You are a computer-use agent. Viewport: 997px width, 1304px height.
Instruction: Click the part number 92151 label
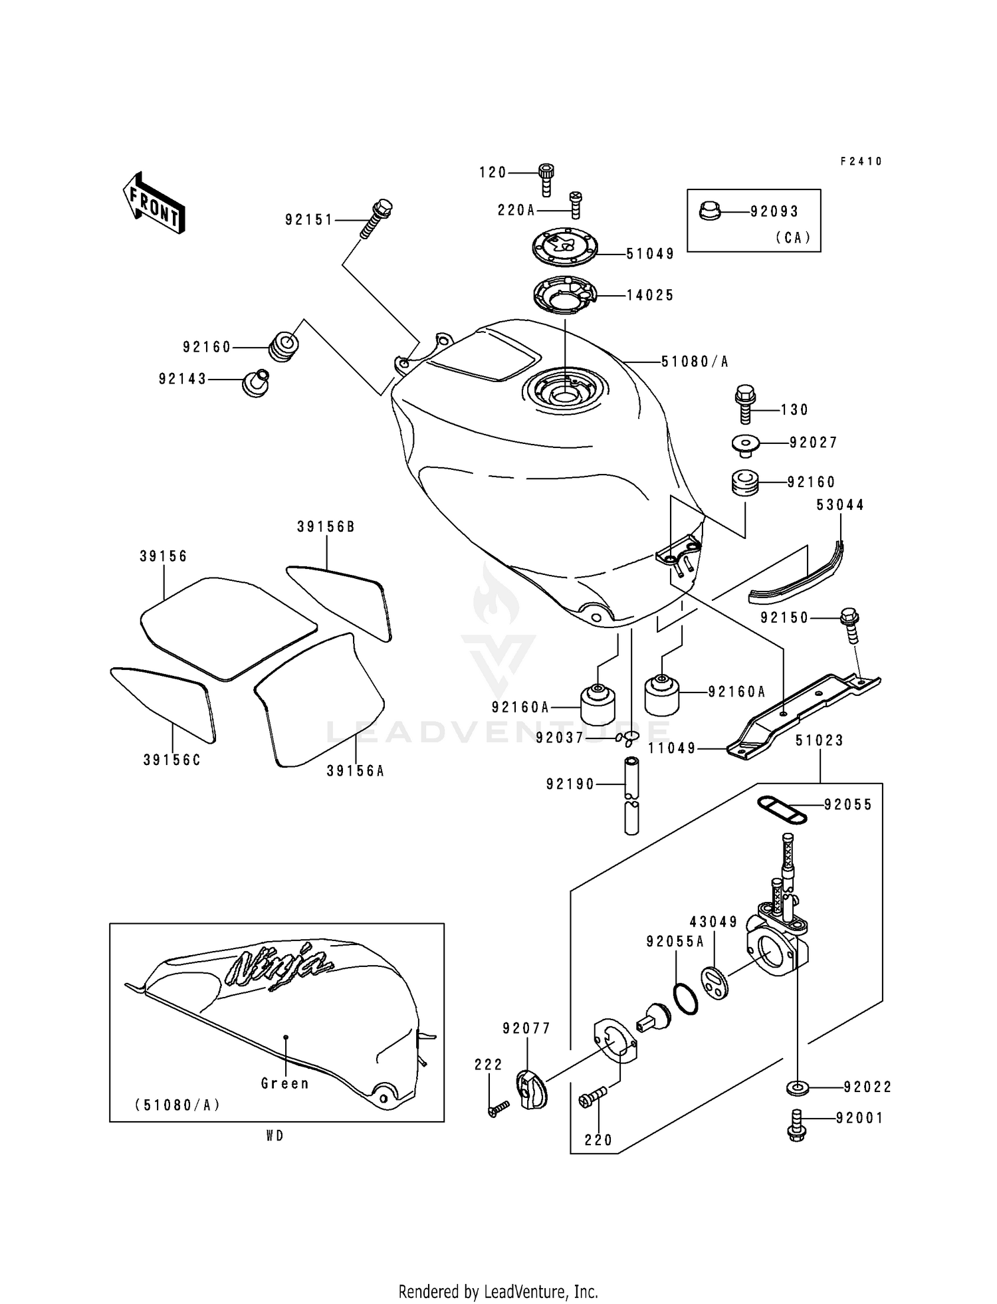(309, 220)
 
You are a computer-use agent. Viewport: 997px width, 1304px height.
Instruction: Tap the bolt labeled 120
(546, 179)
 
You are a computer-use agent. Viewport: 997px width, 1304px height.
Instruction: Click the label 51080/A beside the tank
(695, 362)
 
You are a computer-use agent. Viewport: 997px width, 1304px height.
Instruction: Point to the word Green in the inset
(285, 1083)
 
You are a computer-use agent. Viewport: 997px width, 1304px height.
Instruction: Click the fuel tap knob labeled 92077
(531, 1089)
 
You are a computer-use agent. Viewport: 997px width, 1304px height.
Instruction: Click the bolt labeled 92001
(798, 1125)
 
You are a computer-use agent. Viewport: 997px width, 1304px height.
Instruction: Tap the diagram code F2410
(861, 162)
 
